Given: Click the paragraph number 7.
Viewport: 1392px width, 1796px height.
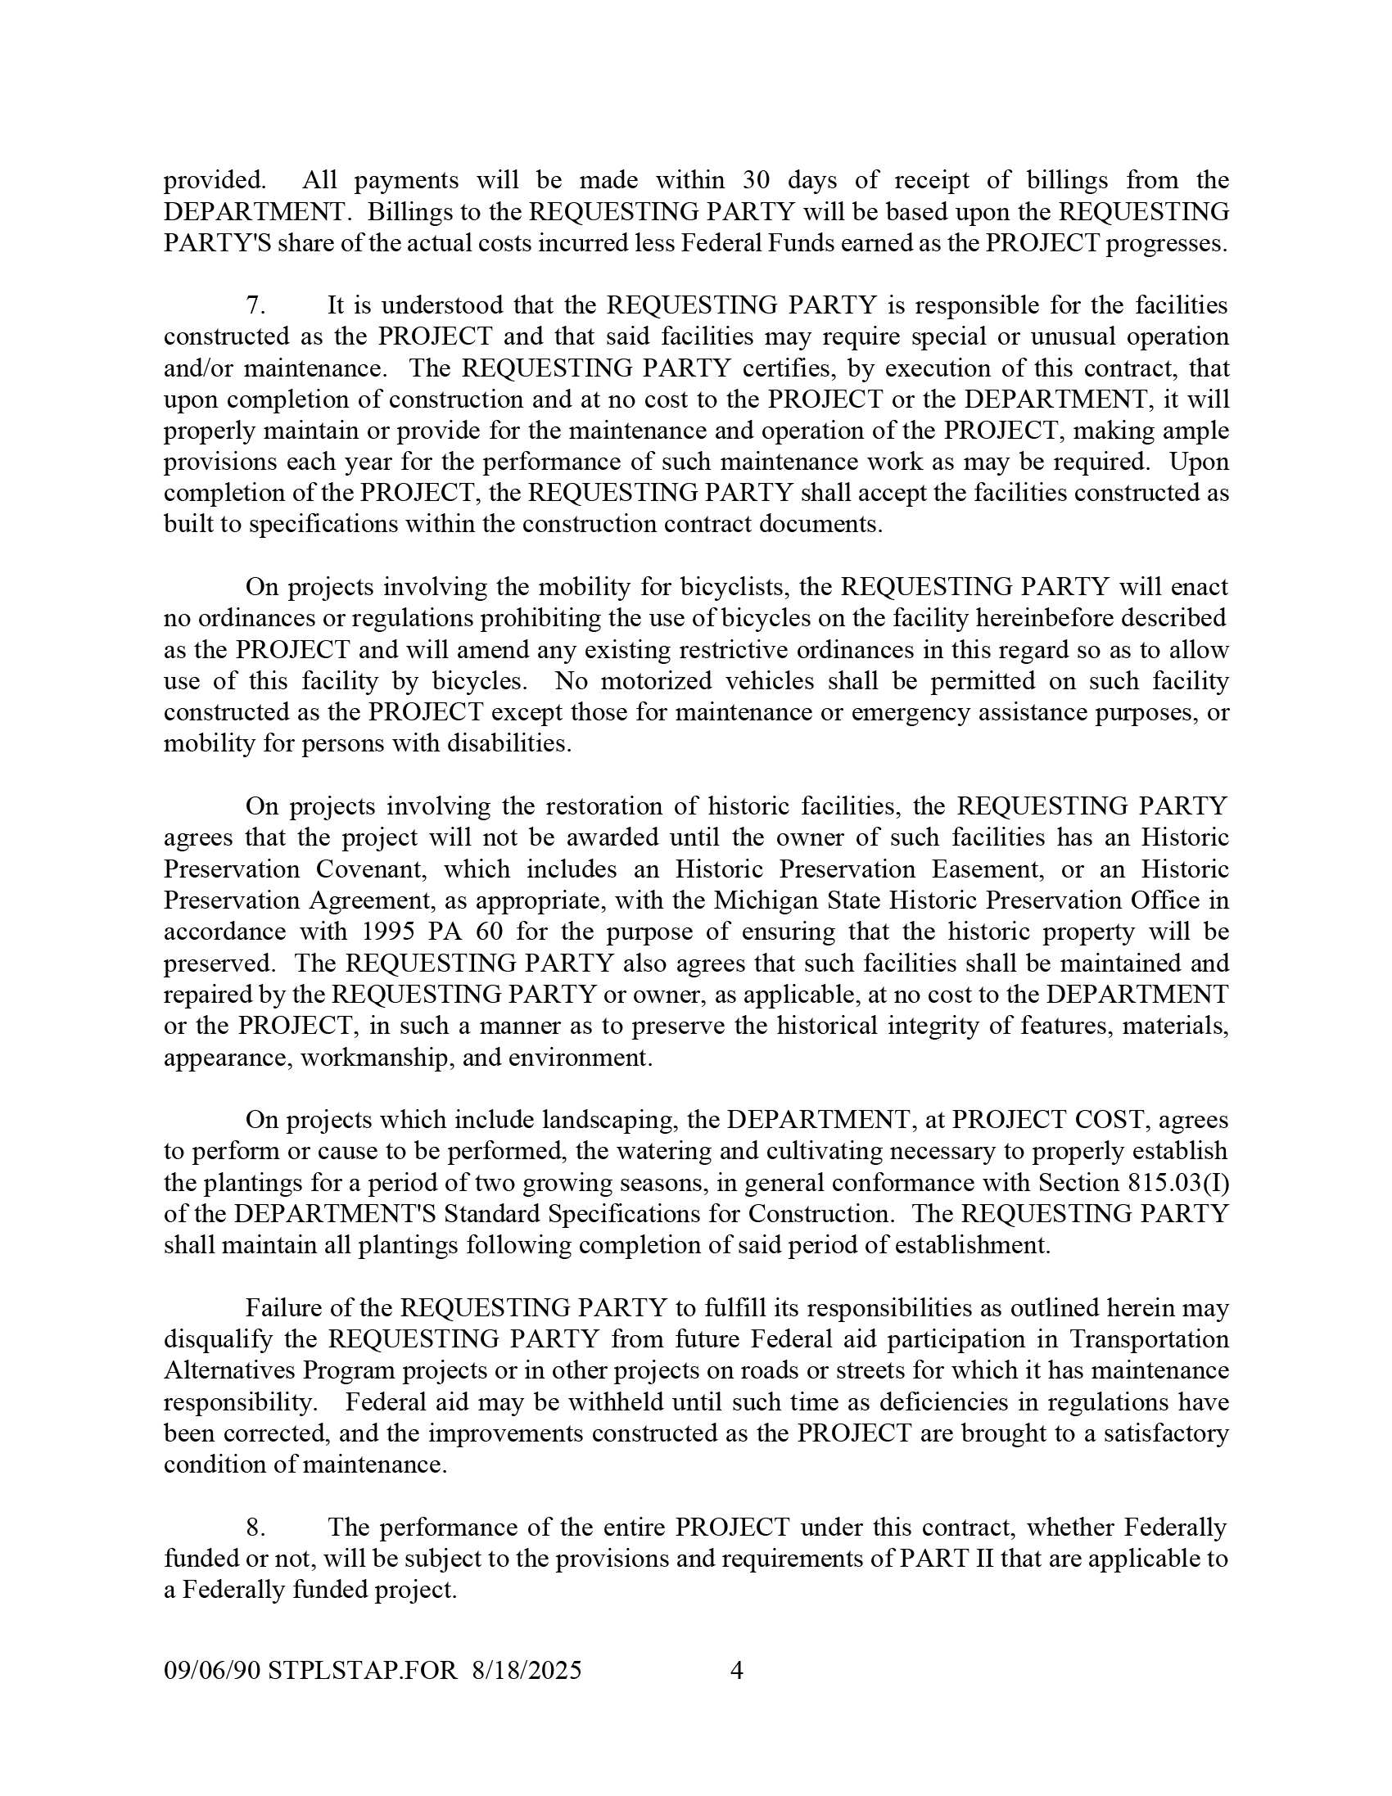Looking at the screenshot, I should click(255, 305).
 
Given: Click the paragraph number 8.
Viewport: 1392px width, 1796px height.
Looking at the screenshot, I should click(255, 1528).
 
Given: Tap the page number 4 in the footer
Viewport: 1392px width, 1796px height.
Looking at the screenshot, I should click(737, 1670).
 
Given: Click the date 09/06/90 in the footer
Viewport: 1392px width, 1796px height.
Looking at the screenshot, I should click(212, 1670).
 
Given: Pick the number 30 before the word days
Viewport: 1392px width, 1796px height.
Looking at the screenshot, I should click(757, 180).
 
